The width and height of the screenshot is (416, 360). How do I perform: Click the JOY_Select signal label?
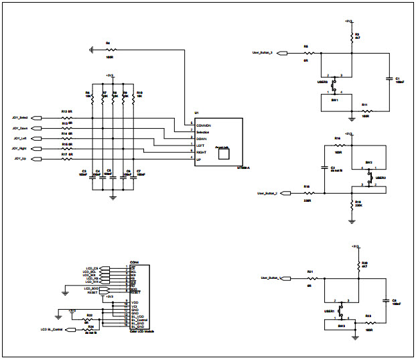pyautogui.click(x=19, y=117)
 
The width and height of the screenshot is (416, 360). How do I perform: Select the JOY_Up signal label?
pyautogui.click(x=21, y=159)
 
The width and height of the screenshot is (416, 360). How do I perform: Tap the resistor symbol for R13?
pyautogui.click(x=66, y=117)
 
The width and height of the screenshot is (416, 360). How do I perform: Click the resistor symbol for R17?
pyautogui.click(x=66, y=160)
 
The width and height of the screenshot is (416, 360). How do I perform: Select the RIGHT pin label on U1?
pyautogui.click(x=202, y=152)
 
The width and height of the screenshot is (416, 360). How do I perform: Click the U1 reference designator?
pyautogui.click(x=196, y=113)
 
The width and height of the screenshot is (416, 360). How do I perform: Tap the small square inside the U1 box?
pyautogui.click(x=224, y=154)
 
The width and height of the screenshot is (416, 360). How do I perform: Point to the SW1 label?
pyautogui.click(x=335, y=100)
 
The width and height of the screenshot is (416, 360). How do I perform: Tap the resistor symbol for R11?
pyautogui.click(x=365, y=111)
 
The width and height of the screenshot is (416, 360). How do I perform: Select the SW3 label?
pyautogui.click(x=341, y=325)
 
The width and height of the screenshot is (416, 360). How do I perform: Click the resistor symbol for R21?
pyautogui.click(x=310, y=278)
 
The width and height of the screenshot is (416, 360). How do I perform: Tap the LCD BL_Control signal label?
pyautogui.click(x=52, y=330)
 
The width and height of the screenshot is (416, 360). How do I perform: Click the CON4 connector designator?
pyautogui.click(x=134, y=262)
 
